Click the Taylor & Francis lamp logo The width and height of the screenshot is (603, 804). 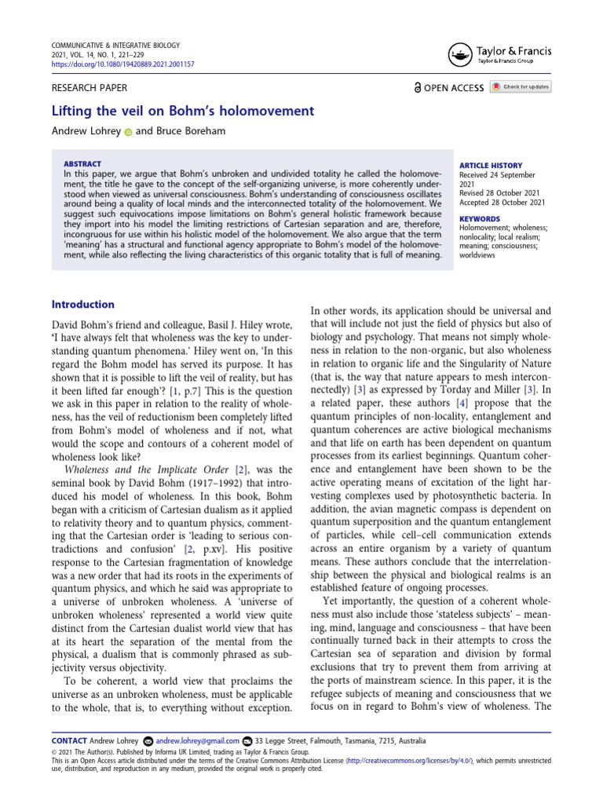459,54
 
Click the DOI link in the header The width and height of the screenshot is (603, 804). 123,64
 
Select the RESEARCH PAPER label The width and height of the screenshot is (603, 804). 89,88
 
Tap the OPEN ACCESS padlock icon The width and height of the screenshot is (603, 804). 418,88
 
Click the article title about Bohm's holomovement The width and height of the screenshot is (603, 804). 182,111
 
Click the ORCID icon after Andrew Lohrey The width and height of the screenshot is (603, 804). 128,132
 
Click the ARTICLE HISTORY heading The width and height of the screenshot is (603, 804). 489,166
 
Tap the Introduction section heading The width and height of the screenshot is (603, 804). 82,305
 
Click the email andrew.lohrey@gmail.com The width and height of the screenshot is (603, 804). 197,740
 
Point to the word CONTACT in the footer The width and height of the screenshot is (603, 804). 68,740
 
